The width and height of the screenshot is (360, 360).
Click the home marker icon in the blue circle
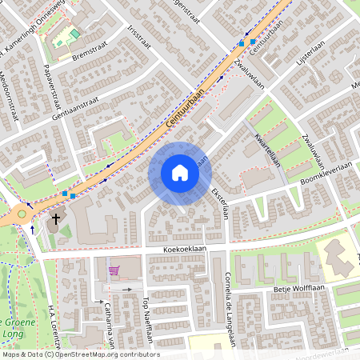[179, 173]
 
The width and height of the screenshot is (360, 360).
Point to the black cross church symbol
[56, 218]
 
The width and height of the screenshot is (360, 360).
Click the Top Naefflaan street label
[146, 319]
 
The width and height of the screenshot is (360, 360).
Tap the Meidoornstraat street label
[10, 100]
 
